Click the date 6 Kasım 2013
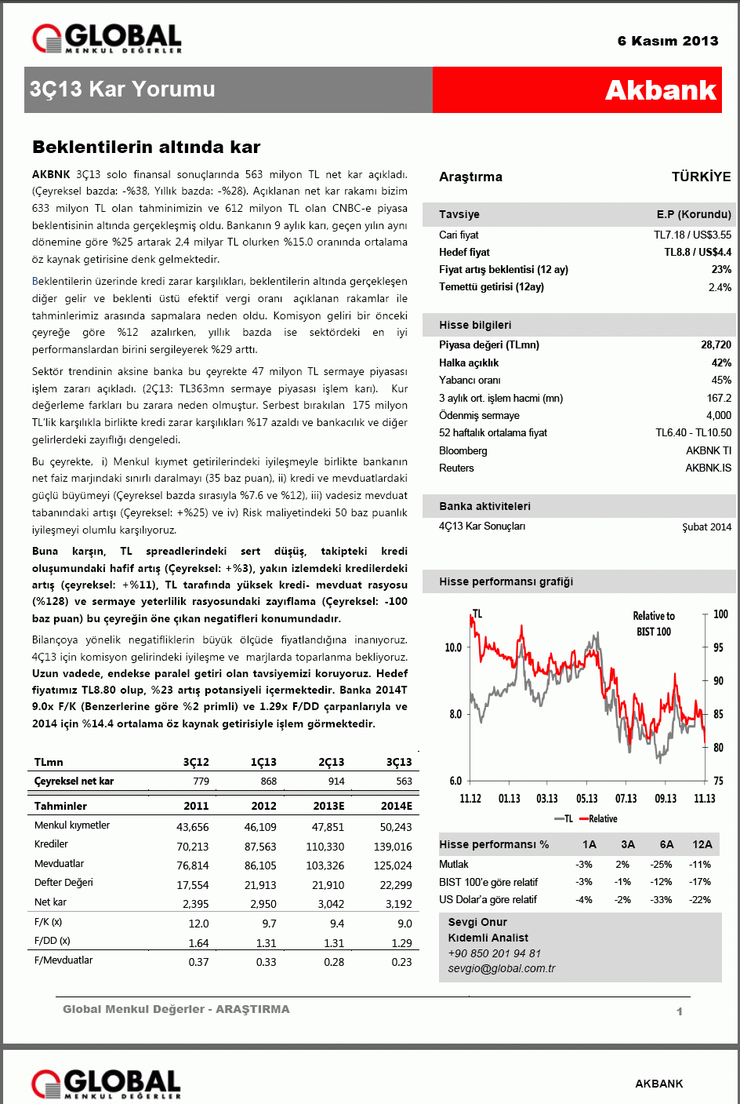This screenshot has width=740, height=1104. pyautogui.click(x=667, y=41)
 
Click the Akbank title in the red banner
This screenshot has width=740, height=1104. pyautogui.click(x=660, y=90)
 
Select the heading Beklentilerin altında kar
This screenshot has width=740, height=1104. pyautogui.click(x=146, y=147)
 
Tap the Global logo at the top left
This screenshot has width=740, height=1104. pyautogui.click(x=107, y=38)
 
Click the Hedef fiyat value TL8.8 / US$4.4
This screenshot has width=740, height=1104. pyautogui.click(x=698, y=252)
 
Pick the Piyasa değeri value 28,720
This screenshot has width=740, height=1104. pyautogui.click(x=716, y=344)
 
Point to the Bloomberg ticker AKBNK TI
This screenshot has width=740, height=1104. pyautogui.click(x=708, y=450)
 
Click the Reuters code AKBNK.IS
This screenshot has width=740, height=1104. pyautogui.click(x=708, y=468)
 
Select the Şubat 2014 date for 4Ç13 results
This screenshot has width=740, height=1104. pyautogui.click(x=706, y=526)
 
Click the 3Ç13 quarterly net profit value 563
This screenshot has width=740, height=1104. pyautogui.click(x=404, y=781)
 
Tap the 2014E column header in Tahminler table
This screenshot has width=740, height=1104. pyautogui.click(x=396, y=806)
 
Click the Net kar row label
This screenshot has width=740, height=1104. pyautogui.click(x=50, y=902)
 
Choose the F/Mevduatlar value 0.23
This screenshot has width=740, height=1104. pyautogui.click(x=401, y=962)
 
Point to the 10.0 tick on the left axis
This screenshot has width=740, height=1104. pyautogui.click(x=453, y=647)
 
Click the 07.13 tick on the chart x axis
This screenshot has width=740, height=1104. pyautogui.click(x=626, y=798)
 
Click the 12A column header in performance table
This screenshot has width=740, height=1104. pyautogui.click(x=702, y=844)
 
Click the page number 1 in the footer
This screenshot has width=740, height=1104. pyautogui.click(x=679, y=1011)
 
